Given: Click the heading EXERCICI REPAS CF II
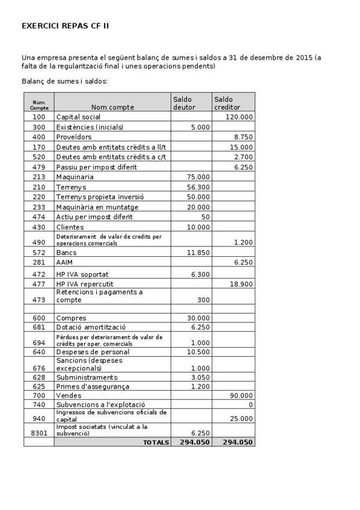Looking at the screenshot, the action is (x=65, y=26).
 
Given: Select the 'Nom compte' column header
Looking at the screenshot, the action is (x=112, y=107).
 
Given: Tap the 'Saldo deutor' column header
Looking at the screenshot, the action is (x=184, y=103).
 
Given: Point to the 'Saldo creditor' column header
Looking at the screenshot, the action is (x=225, y=103).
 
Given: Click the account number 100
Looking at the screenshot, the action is (x=39, y=117).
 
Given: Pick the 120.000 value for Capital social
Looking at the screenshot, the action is (x=239, y=117).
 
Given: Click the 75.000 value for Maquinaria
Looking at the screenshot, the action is (x=198, y=177).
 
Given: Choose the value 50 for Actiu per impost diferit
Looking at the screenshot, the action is (x=206, y=217).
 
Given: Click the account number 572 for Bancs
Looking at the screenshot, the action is (x=39, y=253).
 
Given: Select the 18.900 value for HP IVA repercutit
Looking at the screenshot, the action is (x=241, y=284).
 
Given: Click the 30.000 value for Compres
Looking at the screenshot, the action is (x=198, y=318).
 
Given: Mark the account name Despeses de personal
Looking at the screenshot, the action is (x=93, y=352).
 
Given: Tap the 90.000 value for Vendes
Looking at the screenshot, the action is (x=241, y=396).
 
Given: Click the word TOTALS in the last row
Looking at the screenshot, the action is (x=155, y=442).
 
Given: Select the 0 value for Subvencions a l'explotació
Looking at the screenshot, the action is (x=251, y=405).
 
